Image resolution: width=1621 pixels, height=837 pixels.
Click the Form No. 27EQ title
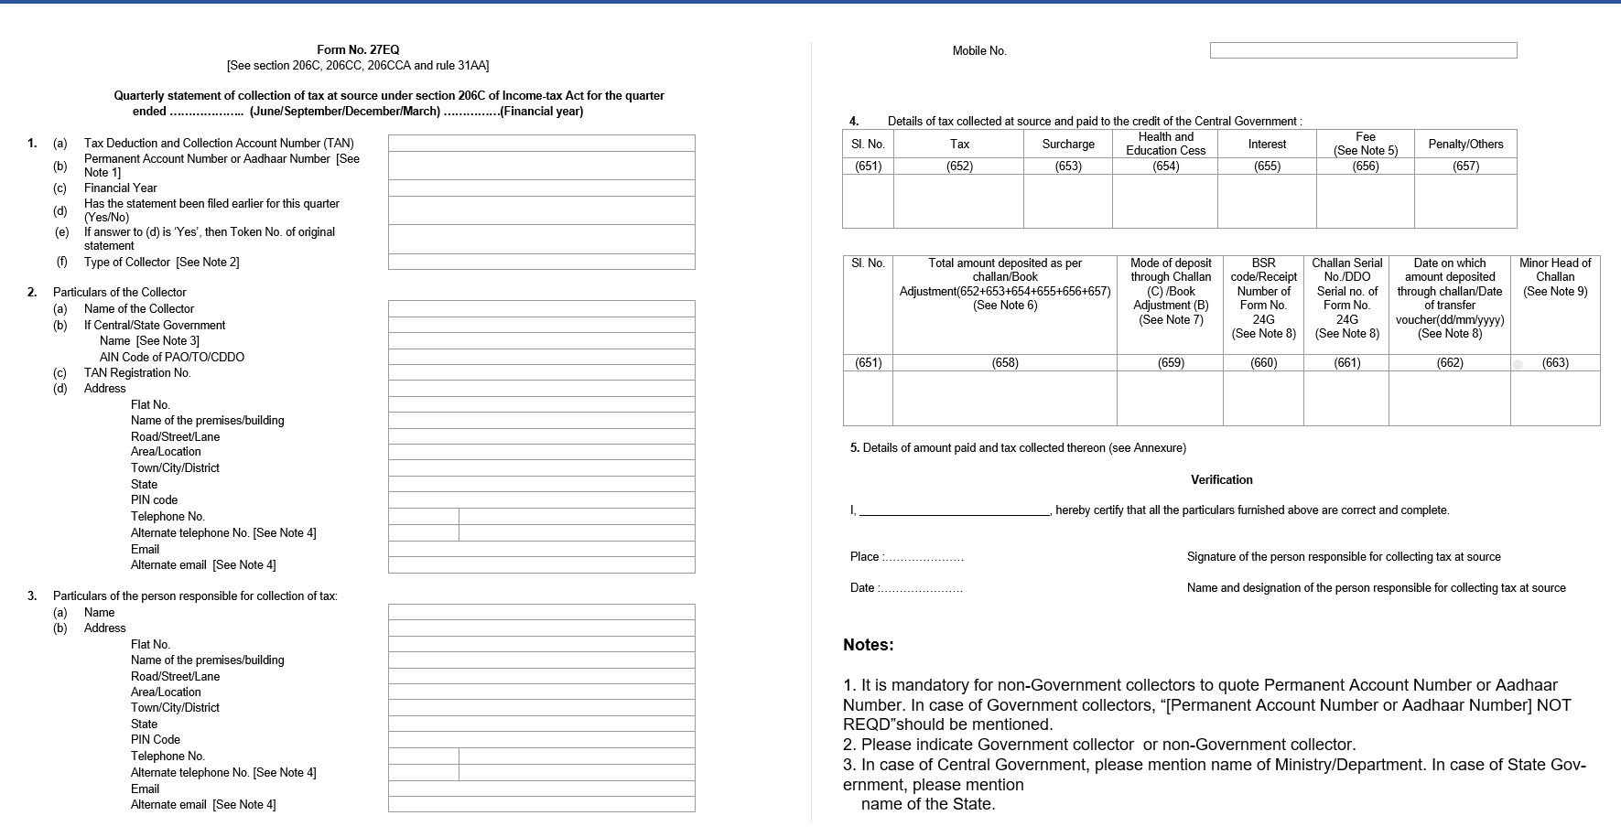(358, 50)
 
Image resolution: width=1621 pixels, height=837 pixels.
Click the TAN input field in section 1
(541, 144)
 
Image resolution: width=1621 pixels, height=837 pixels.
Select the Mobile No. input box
(1363, 50)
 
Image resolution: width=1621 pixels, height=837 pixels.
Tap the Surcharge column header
(1067, 145)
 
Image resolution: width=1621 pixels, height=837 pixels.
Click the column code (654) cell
(1165, 166)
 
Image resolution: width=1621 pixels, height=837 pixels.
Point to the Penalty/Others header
(1464, 145)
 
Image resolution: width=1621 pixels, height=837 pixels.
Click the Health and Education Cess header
(1165, 144)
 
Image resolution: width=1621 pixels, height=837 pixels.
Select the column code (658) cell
(1004, 363)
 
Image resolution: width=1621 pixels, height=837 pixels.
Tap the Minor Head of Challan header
(1554, 277)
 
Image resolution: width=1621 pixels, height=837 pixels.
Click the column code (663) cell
(1554, 363)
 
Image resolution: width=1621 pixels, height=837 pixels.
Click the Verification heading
(1221, 480)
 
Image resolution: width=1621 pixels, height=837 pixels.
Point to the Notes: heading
(868, 645)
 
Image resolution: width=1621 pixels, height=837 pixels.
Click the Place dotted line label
(906, 557)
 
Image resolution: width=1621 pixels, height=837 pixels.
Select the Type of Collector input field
(541, 263)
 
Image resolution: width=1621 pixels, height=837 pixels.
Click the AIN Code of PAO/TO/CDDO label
(172, 358)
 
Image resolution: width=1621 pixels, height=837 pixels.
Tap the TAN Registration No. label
(137, 373)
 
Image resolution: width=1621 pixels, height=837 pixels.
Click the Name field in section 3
(541, 612)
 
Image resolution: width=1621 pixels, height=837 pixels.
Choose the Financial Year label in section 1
(121, 188)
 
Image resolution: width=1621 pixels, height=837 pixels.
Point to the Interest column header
(1267, 145)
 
